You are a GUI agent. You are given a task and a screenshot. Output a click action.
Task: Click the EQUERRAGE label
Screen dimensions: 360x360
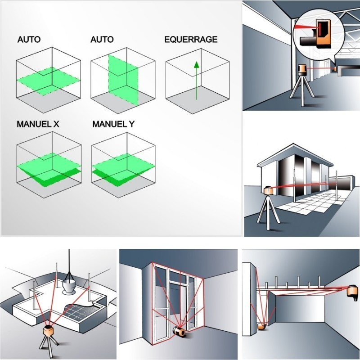coord(191,39)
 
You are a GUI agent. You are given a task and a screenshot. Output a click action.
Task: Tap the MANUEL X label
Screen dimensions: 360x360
coord(38,124)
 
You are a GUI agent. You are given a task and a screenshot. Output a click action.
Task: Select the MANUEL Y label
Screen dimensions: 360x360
coord(113,124)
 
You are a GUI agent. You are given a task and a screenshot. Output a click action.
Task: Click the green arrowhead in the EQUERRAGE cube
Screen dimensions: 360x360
coord(196,65)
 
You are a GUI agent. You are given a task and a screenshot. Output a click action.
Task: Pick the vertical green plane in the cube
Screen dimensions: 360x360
coord(123,80)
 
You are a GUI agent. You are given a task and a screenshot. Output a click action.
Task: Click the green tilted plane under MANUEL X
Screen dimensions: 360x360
coord(49,170)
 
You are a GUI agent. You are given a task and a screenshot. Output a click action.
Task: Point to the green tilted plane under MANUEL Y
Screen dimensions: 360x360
coord(123,170)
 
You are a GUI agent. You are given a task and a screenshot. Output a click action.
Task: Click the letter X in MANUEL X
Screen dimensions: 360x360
coord(56,124)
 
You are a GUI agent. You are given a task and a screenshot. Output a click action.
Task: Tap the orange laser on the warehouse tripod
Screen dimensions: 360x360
coord(302,70)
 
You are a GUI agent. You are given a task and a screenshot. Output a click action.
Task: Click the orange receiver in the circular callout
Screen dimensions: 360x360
coord(323,34)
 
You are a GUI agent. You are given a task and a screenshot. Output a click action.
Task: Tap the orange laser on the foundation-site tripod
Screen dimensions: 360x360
coord(49,331)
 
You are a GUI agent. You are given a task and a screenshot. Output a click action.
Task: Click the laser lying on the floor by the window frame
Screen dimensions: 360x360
coord(179,332)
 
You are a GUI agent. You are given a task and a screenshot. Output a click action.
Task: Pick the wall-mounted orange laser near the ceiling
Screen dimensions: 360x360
coord(352,292)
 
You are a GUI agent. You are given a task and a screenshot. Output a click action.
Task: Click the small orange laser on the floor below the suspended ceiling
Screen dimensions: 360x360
coord(262,327)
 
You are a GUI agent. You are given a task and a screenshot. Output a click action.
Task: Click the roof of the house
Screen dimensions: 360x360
coord(295,154)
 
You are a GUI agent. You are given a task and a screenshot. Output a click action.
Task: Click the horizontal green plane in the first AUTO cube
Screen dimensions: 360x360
coord(49,81)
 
